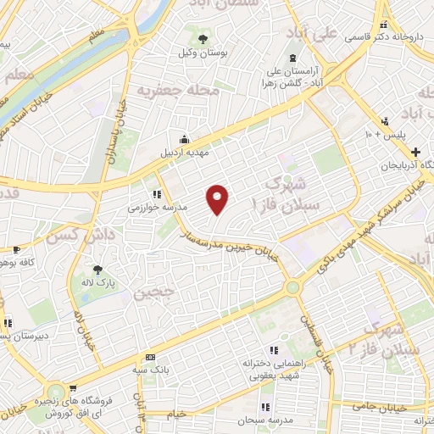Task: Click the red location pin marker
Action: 219,198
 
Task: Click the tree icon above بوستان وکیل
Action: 202,39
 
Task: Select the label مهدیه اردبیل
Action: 185,155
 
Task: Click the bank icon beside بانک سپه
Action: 150,357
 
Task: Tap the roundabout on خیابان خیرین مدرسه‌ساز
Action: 293,287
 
